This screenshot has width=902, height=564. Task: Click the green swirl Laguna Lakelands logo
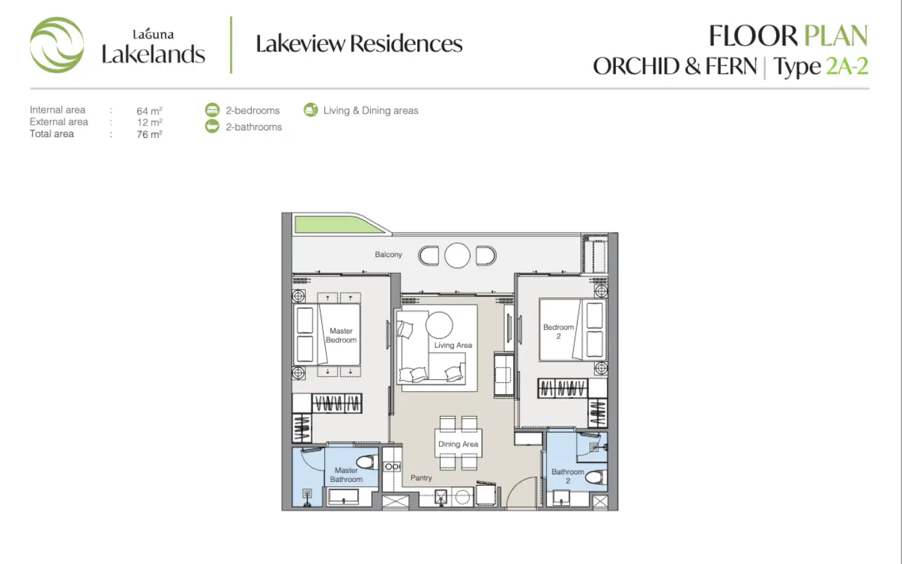(57, 44)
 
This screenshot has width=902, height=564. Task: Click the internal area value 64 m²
(149, 111)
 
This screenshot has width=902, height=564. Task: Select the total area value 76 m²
(149, 134)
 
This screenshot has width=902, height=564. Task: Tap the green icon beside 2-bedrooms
(212, 110)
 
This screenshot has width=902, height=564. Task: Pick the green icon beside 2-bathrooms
(212, 127)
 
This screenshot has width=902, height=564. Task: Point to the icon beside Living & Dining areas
(311, 110)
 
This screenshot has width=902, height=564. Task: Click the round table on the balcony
(457, 256)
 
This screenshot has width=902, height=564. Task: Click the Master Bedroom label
(341, 335)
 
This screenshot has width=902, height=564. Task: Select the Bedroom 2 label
(559, 332)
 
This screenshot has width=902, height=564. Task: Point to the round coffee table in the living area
(439, 325)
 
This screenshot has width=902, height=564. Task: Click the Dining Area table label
(459, 444)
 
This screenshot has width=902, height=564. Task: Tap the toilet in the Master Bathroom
(367, 462)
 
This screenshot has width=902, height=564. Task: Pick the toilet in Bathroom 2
(596, 478)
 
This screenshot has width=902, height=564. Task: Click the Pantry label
(421, 478)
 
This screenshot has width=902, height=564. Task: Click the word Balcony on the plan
(388, 254)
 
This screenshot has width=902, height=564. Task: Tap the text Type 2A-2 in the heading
(821, 66)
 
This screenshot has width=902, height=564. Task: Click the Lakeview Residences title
(359, 43)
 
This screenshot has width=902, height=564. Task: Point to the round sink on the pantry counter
(462, 498)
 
